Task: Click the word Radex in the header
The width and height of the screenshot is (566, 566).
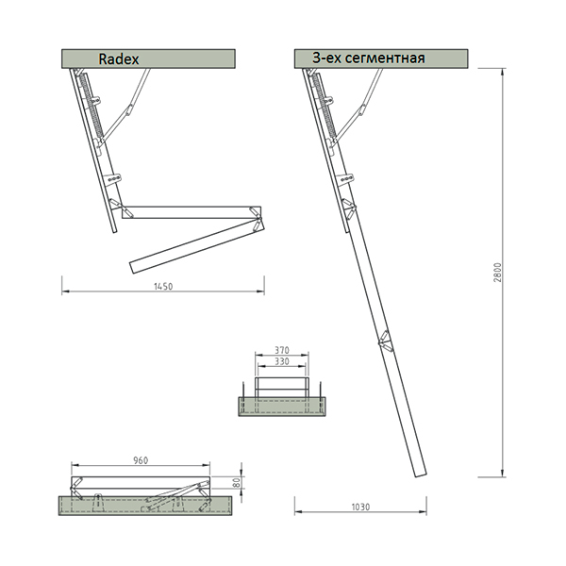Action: (x=119, y=59)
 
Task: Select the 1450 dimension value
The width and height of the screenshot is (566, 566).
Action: (x=163, y=286)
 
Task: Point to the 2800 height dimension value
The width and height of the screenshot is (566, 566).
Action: (x=497, y=273)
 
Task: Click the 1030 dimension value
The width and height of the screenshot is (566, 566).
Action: (x=360, y=508)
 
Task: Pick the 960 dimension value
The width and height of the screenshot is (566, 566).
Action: (x=141, y=460)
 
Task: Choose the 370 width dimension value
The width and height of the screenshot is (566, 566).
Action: (x=282, y=350)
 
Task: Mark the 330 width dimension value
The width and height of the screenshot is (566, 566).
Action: (x=282, y=361)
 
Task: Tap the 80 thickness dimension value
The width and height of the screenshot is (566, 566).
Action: (x=237, y=483)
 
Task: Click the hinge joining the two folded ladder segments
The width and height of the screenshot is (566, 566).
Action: (x=257, y=219)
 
